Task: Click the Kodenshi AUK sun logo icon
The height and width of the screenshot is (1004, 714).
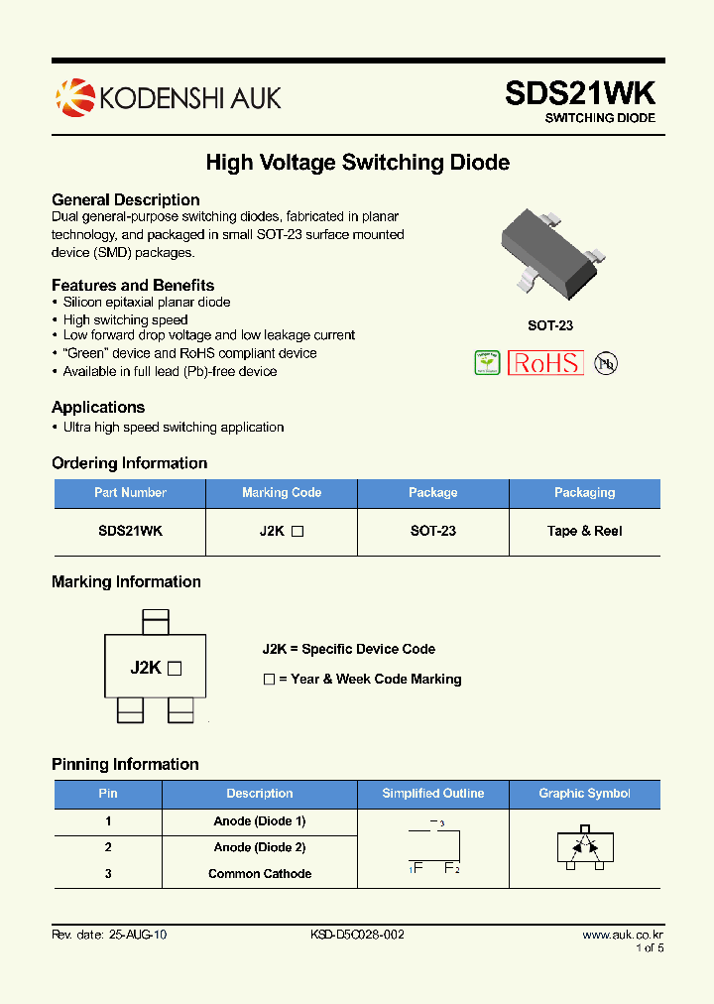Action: (x=74, y=96)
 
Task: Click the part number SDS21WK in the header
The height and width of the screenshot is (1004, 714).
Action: (x=580, y=93)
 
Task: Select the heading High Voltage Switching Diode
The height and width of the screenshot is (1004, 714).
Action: (x=357, y=162)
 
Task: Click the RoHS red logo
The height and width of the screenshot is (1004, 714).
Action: (x=545, y=363)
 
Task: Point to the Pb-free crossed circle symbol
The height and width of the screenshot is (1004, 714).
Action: (x=605, y=363)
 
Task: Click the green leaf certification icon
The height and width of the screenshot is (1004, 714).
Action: (x=487, y=363)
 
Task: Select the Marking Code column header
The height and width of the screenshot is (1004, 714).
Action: (x=282, y=493)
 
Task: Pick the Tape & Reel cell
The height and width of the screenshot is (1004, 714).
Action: (x=585, y=531)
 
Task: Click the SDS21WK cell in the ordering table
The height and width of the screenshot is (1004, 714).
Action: (x=130, y=531)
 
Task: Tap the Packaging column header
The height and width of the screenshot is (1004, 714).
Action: (x=585, y=493)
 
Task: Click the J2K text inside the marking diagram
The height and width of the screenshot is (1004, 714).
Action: (x=146, y=668)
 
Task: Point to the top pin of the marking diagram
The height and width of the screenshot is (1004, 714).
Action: (x=157, y=622)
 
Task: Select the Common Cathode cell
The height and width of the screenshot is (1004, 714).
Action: (x=260, y=874)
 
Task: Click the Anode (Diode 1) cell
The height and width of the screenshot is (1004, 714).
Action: (x=260, y=821)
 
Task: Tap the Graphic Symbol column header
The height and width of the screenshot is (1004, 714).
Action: (x=584, y=794)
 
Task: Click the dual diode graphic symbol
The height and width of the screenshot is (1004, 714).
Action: (x=585, y=847)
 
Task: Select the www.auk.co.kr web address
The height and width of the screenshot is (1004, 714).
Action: (x=622, y=936)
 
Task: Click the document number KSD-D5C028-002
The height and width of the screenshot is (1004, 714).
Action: (x=357, y=936)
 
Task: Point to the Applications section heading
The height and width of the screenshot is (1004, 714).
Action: (x=98, y=408)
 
